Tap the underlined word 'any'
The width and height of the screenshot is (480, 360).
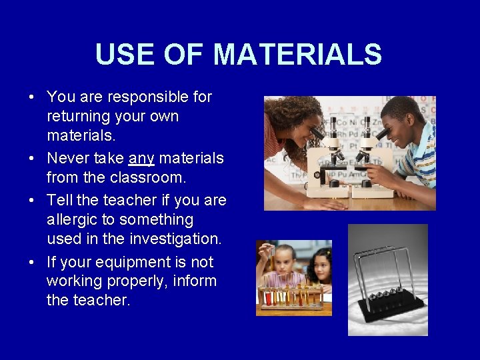[141, 159]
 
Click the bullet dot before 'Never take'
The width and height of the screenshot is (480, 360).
[32, 159]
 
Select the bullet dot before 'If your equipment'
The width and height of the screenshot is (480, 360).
[32, 262]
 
